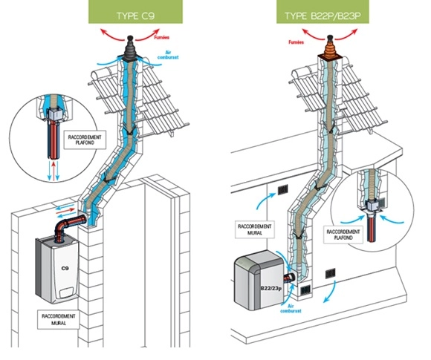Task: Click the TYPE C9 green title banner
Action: click(135, 12)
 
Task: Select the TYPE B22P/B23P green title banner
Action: click(323, 12)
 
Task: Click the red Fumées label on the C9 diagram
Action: click(162, 37)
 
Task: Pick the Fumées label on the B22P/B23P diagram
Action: click(296, 42)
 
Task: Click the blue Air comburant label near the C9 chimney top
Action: click(168, 55)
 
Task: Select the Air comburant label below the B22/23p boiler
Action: click(291, 309)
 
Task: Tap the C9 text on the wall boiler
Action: click(65, 268)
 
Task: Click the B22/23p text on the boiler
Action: click(271, 289)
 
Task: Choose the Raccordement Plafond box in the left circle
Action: click(85, 140)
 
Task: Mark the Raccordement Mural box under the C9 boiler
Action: click(59, 320)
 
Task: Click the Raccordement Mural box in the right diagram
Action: click(255, 229)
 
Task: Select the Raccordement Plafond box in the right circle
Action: click(343, 235)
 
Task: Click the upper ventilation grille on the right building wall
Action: click(282, 189)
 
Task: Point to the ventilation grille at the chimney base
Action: click(305, 290)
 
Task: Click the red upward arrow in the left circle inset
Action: click(54, 171)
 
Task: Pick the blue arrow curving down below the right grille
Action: click(331, 292)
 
